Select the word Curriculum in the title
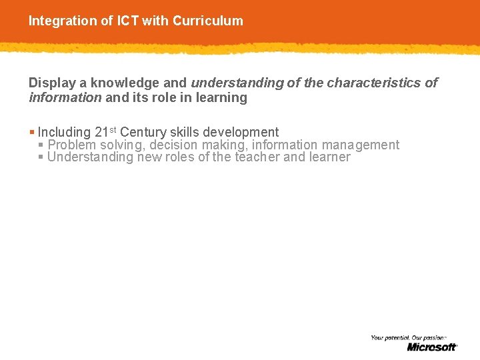pos(207,21)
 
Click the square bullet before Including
pos(32,132)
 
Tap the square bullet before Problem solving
pos(41,145)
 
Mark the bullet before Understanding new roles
pos(41,157)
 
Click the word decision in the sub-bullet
pos(173,145)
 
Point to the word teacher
pos(257,157)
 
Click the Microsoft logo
pos(432,347)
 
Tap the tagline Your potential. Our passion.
pos(407,338)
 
